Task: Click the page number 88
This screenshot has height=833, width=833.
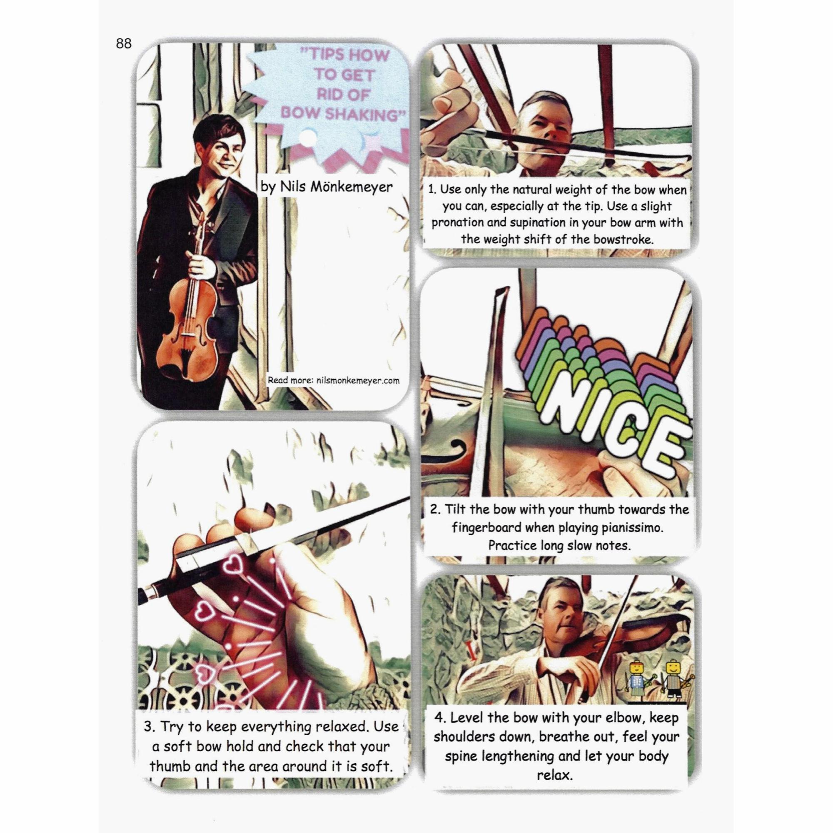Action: tap(124, 44)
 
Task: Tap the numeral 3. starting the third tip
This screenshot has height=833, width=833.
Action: tap(150, 727)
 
